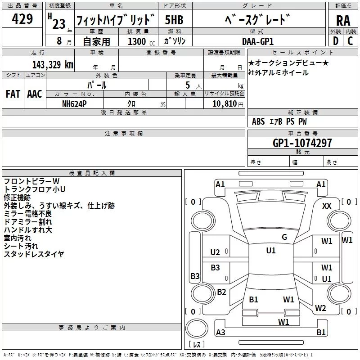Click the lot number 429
pos(23,19)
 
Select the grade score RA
pos(343,20)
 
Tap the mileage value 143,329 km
pos(53,64)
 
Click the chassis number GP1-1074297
pos(302,143)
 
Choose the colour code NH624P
pos(75,103)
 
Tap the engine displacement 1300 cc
pos(139,41)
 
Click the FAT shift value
pos(13,94)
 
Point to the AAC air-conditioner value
pos(35,94)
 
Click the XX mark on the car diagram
pos(327,206)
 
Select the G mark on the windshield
pos(284,237)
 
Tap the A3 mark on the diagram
pos(220,332)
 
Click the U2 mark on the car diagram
pos(216,252)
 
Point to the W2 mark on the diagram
pos(320,308)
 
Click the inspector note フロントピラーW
pos(35,181)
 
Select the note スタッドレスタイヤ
pos(34,254)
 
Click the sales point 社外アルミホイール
pos(279,73)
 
